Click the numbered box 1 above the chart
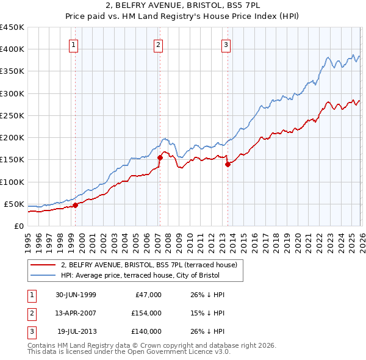[73, 44]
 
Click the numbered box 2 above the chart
[158, 44]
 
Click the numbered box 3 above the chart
[226, 44]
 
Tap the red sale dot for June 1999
[76, 206]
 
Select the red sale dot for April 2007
[160, 157]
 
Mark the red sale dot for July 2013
[228, 164]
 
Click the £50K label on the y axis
[14, 204]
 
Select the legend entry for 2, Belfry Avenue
[152, 265]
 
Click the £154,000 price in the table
[146, 313]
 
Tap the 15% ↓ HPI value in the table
[208, 313]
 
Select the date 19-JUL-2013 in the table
[76, 331]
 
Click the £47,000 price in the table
[148, 295]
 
